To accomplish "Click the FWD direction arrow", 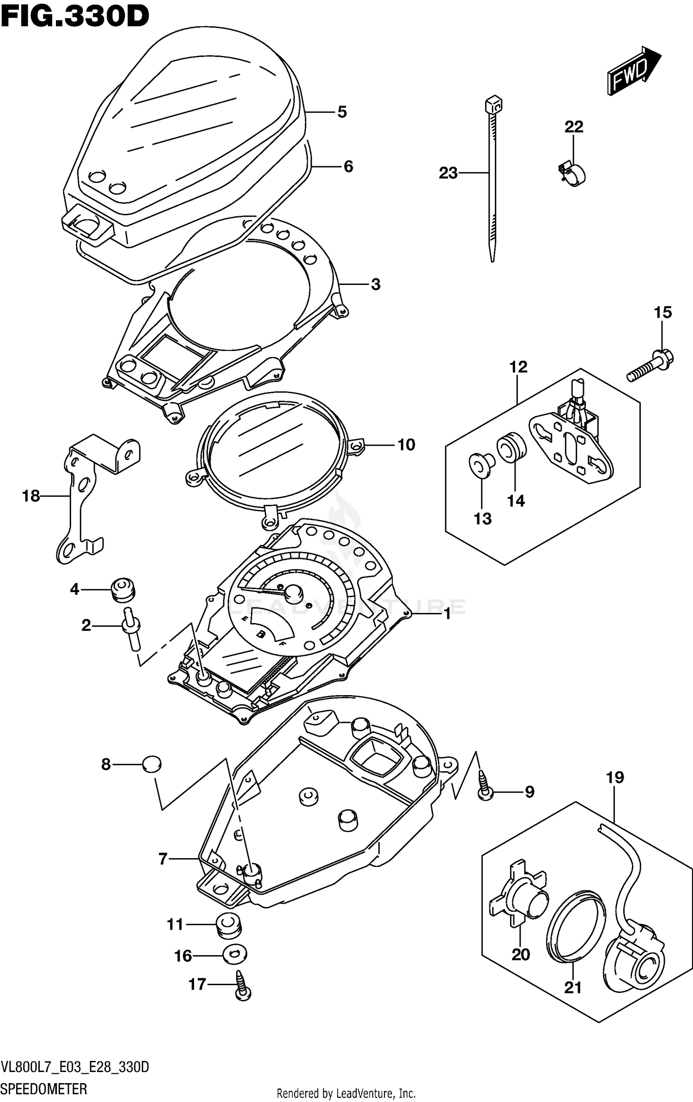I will coord(633,72).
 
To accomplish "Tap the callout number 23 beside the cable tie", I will coord(448,173).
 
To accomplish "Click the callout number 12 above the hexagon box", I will coord(518,367).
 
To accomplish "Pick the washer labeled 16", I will coord(234,955).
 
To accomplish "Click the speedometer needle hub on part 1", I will coord(293,592).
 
